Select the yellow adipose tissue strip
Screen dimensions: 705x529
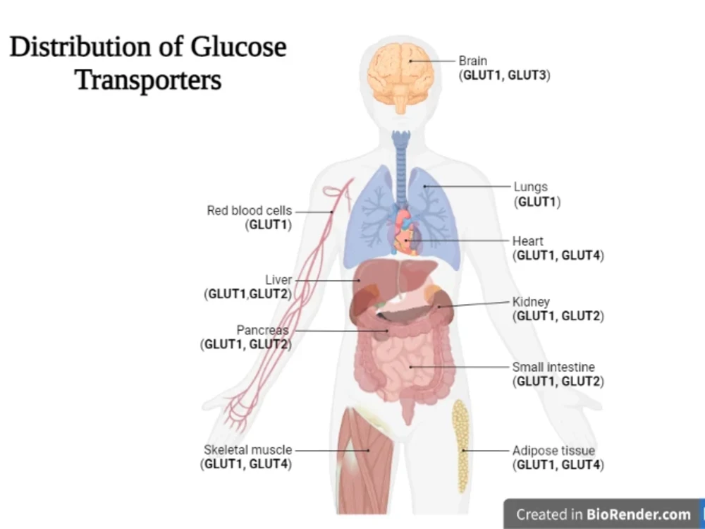pos(460,446)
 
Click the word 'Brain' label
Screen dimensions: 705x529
pos(472,61)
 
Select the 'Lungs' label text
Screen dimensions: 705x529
pos(531,187)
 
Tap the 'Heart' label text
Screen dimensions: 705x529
pos(528,241)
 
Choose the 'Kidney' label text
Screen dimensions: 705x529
pos(531,302)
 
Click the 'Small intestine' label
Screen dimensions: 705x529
pos(553,367)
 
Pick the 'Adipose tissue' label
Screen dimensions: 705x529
pos(553,451)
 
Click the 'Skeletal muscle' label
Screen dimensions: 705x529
pos(247,450)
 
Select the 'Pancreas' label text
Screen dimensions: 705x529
pos(262,330)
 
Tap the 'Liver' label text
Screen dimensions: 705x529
pos(278,280)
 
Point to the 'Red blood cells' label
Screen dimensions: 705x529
pos(249,210)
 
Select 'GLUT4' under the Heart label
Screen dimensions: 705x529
pos(581,255)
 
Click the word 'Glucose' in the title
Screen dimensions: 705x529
pos(238,47)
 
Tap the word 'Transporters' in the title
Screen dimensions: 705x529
pos(148,81)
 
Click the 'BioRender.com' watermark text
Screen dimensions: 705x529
pos(639,514)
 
